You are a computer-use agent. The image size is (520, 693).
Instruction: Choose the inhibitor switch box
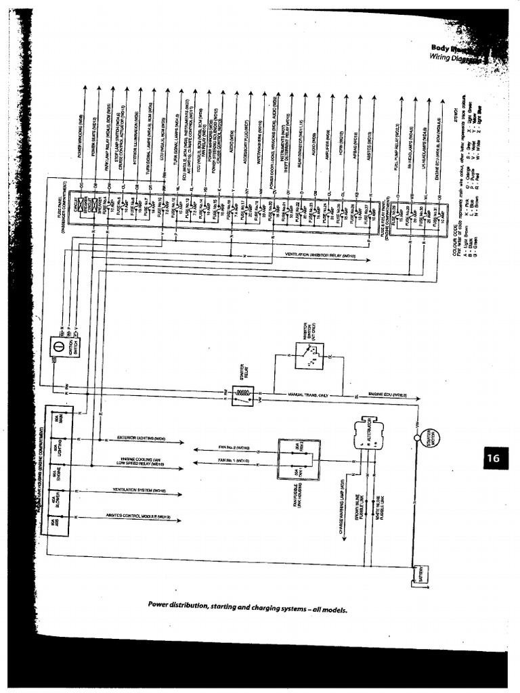point(309,355)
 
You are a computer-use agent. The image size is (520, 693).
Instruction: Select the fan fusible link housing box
point(299,460)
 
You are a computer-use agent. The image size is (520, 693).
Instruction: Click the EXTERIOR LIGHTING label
point(142,438)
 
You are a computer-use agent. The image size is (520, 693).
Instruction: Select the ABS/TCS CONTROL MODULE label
point(138,516)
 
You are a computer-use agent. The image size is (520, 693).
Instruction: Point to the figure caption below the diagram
point(247,606)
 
